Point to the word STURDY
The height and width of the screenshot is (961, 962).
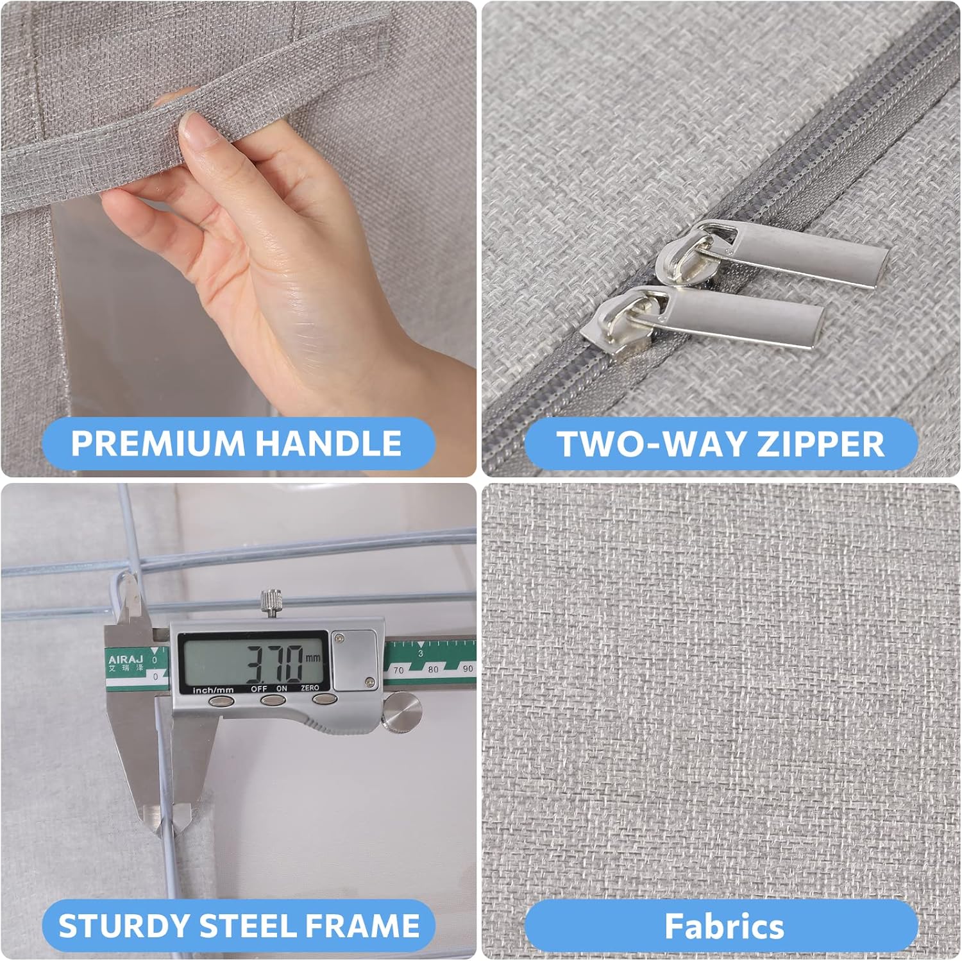click(122, 926)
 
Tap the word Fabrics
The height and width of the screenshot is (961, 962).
click(724, 926)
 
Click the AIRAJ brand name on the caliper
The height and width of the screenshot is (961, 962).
click(126, 659)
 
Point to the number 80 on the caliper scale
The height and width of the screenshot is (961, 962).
click(434, 669)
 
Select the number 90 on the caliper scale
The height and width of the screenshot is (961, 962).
click(468, 668)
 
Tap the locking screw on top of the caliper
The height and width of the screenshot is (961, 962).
click(269, 603)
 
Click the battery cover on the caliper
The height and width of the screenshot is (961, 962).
click(353, 660)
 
